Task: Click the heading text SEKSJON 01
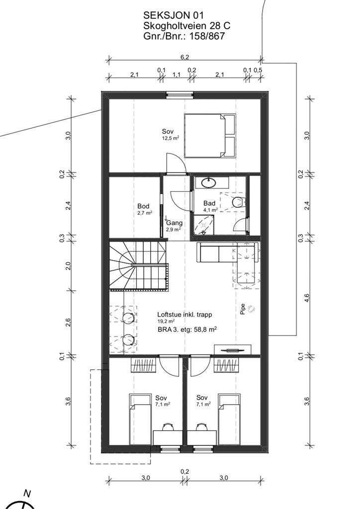pos(174,15)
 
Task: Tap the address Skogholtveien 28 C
pos(186,26)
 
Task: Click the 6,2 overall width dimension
pos(184,57)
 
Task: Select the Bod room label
pos(143,206)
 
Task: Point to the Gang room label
pos(175,223)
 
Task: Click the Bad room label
pos(209,203)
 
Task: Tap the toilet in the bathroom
pos(239,202)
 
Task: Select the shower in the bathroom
pos(204,224)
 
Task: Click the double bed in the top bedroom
pos(210,135)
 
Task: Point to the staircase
pos(139,264)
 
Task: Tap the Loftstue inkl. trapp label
pos(184,314)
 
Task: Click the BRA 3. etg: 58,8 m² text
pos(187,330)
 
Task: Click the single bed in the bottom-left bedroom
pos(140,420)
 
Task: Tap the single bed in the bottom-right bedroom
pos(230,420)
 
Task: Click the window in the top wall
pos(180,95)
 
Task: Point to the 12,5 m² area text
pos(171,138)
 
